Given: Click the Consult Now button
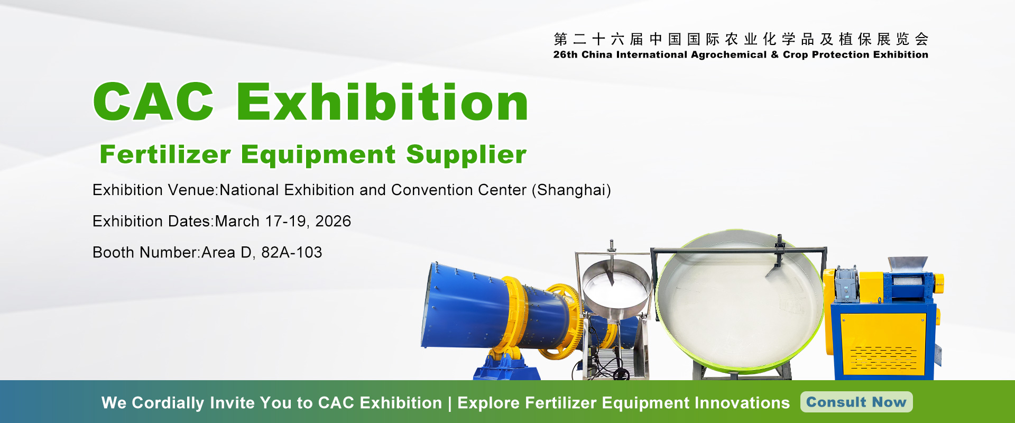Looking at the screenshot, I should click(856, 402).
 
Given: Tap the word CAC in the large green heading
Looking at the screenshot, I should click(154, 102).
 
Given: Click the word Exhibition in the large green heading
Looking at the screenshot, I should click(382, 102).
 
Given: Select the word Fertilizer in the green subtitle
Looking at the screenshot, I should click(165, 155).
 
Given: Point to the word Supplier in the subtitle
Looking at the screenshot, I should click(466, 155).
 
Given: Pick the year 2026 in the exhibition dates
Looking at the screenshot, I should click(333, 221).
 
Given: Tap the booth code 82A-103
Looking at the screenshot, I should click(291, 253).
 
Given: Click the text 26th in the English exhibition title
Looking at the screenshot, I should click(565, 54).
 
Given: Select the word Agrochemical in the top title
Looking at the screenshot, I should click(728, 54).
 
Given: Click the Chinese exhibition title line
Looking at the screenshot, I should click(741, 39).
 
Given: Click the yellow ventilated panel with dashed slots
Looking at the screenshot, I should click(883, 344).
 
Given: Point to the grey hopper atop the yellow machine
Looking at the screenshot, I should click(906, 263).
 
